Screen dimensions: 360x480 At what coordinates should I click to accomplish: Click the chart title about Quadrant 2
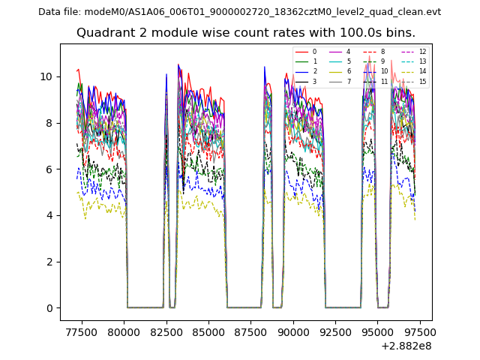click(x=246, y=33)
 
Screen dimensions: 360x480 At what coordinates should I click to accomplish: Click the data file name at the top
click(x=239, y=11)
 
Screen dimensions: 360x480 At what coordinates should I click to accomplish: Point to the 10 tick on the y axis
click(x=46, y=76)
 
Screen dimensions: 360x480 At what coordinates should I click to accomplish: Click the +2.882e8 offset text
click(x=406, y=346)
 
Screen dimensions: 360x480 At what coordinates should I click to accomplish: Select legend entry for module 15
click(x=415, y=82)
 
